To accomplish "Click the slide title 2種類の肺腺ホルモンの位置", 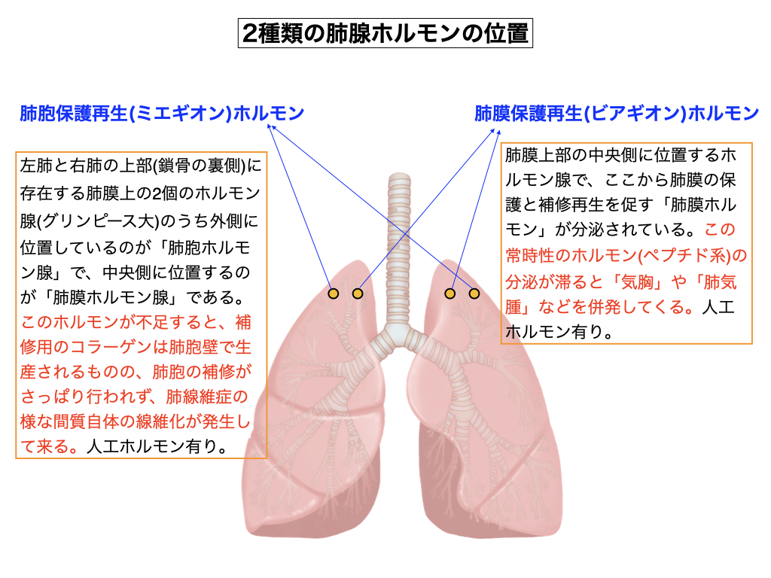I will [385, 34].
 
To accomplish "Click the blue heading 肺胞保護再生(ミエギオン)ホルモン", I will [162, 114].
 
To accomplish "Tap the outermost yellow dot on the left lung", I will [334, 294].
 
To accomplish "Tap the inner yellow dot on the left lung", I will [358, 294].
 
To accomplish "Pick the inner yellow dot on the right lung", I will [450, 294].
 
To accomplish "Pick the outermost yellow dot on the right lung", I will [474, 294].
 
